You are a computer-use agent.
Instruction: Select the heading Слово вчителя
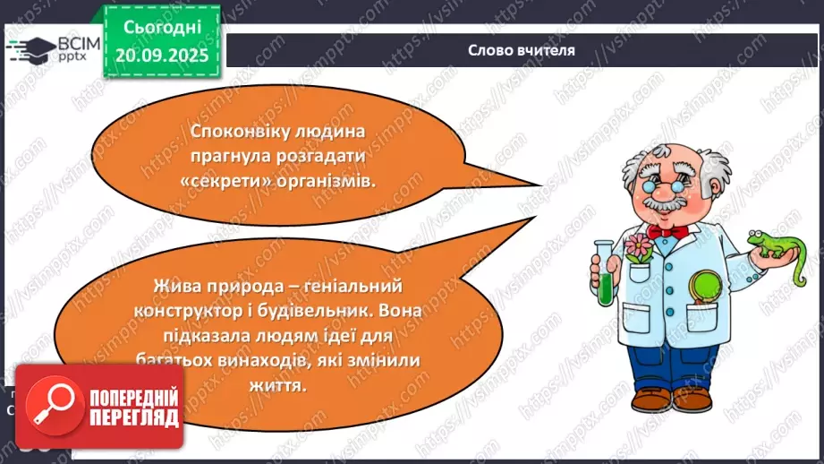521,50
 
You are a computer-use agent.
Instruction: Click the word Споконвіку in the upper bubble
232,131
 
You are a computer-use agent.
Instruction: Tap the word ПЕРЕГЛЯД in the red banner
132,417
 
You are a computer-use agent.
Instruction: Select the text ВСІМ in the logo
74,41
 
